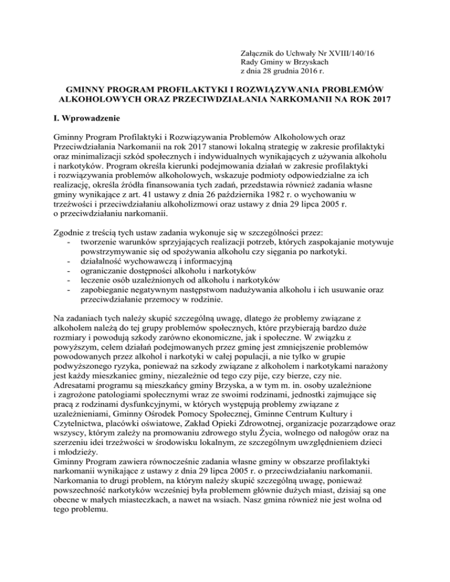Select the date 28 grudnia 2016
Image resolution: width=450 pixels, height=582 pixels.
point(292,71)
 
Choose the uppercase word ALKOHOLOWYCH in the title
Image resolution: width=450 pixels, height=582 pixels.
point(94,107)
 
